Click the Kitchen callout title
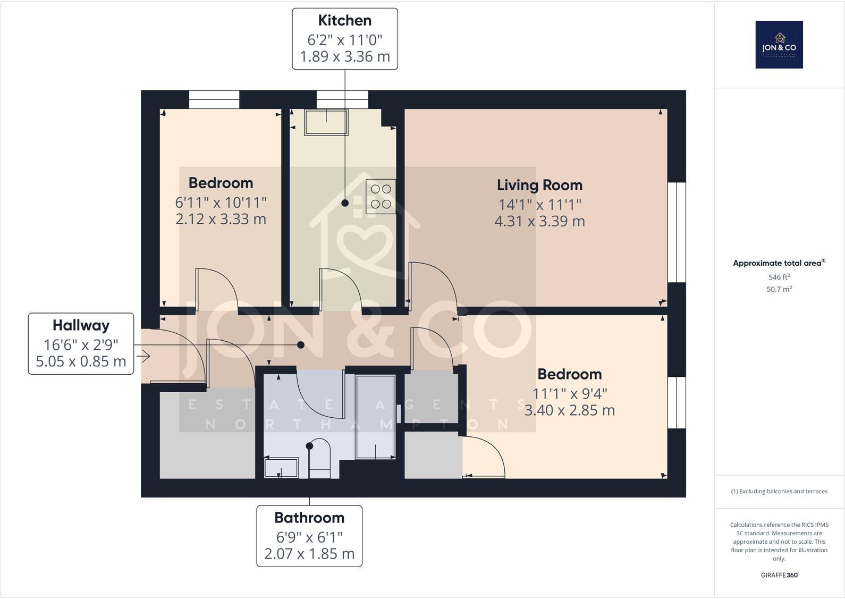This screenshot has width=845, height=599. pos(344,21)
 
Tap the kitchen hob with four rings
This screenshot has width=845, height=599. pos(381,197)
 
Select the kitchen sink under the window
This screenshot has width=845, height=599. pos(326,122)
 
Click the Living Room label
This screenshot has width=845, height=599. pos(539,185)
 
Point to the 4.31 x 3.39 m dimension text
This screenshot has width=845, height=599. pos(539,221)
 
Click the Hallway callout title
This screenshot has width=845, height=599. pos(81,325)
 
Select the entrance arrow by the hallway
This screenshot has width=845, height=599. pos(142,356)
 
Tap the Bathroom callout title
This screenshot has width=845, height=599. pos(309,518)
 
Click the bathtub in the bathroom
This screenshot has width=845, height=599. pos(375,417)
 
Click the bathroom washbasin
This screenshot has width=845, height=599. pos(281,468)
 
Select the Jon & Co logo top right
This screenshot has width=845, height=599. pos(779,45)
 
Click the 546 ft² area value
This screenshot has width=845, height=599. pos(779,277)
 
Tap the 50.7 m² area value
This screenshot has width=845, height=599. pos(779,289)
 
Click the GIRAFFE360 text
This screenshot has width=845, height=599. pos(779,575)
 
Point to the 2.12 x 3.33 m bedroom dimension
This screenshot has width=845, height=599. pos(221,219)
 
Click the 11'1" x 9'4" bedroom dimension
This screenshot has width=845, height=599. pos(570,394)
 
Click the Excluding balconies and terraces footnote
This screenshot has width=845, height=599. pos(779,491)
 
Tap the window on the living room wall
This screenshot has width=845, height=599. pos(677,232)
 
